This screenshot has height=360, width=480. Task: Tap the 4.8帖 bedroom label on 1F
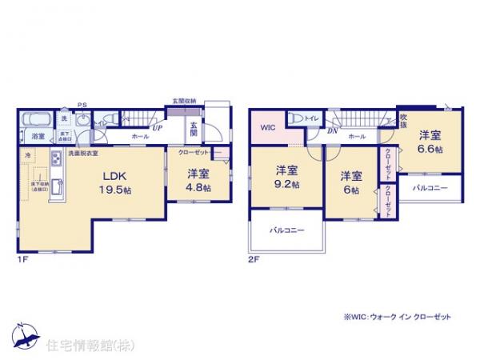pos(199,180)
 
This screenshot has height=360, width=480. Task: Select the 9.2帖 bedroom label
pos(287,177)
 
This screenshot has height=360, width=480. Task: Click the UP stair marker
pos(158,126)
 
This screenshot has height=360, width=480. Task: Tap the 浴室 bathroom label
pos(38,137)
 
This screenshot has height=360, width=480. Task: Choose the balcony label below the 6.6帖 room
pos(430,190)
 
